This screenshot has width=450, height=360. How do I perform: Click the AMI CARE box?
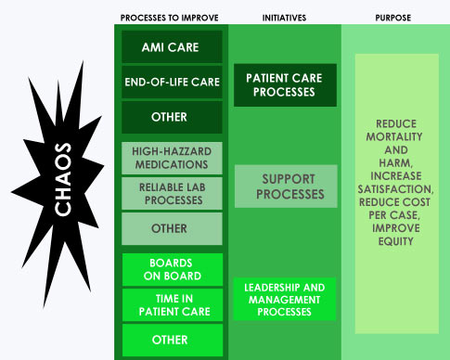point(172,47)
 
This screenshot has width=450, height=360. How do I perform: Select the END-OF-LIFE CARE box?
point(172,82)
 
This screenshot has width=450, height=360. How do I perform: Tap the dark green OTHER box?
point(172,117)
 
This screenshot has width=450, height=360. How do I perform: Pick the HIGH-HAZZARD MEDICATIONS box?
point(172,158)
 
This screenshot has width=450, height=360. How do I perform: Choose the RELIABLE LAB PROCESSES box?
point(172,192)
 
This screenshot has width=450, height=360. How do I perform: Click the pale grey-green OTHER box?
point(172,228)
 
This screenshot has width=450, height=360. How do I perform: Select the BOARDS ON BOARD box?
point(172,269)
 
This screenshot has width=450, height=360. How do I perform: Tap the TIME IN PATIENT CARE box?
point(172,304)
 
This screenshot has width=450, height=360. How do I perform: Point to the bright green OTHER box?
point(172,340)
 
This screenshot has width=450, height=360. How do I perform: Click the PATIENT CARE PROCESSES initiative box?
point(285,84)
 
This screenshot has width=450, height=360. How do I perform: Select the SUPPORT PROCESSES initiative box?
point(285,186)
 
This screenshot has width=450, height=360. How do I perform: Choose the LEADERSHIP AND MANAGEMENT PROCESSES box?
point(285,299)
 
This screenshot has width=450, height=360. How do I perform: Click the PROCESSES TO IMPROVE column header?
point(172,18)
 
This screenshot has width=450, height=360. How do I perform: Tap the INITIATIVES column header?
point(284,18)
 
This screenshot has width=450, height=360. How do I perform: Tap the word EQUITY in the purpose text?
point(396,241)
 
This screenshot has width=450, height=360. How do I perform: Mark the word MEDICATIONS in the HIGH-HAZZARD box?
point(172,164)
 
